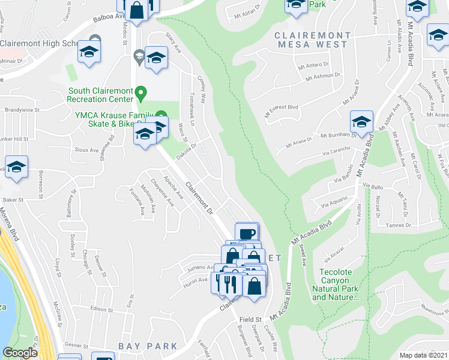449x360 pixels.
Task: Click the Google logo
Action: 20,353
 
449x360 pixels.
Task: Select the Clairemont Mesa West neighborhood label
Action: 310,40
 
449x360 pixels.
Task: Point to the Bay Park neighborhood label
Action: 148,346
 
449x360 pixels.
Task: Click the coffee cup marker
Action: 246,233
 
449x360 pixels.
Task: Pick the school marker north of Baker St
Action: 17,167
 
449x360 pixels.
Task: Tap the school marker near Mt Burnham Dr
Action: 361,122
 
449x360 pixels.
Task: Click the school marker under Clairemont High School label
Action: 89,52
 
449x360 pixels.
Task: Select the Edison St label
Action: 101,309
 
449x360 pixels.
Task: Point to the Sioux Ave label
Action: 86,148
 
